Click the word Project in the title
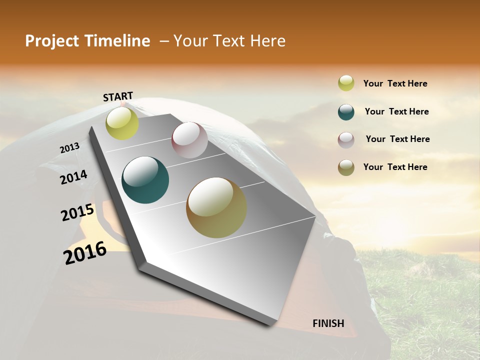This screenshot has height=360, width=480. point(48,41)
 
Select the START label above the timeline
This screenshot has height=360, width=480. point(118,96)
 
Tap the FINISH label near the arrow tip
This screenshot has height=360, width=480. point(328,323)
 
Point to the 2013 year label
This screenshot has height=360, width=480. point(69,148)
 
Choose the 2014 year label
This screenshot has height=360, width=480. point(73,177)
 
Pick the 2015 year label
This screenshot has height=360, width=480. point(77,212)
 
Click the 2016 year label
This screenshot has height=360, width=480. point(85,252)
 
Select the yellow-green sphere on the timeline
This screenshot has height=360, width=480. point(122,123)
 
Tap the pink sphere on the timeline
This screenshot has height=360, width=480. point(189,140)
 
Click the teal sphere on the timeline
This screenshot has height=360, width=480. point(145,180)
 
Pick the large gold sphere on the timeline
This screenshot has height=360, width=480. point(216,207)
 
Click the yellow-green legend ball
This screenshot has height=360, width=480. point(346,83)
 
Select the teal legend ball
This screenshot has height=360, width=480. point(346,111)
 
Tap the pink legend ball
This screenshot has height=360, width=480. point(346,139)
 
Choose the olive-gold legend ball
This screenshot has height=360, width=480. point(346,167)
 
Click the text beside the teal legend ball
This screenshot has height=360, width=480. point(396,111)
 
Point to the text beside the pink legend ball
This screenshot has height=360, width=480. point(397,139)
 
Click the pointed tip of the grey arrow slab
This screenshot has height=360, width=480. point(272,324)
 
